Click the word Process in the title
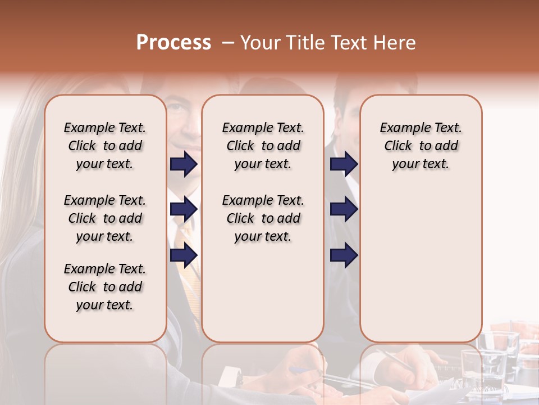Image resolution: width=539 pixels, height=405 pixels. (173, 43)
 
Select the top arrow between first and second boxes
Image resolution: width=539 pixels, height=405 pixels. (184, 164)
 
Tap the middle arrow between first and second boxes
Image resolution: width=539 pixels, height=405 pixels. (184, 210)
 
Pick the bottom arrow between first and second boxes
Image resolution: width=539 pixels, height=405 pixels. (184, 255)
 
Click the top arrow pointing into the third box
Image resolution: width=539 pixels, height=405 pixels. (344, 164)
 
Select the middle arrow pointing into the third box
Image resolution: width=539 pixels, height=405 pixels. (344, 210)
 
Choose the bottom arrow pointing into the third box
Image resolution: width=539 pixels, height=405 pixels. (344, 255)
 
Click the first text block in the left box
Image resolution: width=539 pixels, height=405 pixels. (105, 146)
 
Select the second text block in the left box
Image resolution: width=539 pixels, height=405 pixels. (105, 218)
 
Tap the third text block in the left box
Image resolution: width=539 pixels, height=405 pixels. (105, 287)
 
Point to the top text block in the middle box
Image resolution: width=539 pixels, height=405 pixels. (263, 146)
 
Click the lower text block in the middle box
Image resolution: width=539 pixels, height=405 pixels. (263, 218)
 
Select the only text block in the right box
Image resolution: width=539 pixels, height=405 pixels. (421, 146)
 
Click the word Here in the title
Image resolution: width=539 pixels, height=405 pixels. (396, 43)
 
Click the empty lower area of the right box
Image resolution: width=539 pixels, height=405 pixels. (421, 264)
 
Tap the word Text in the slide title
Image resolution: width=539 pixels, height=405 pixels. (349, 43)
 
